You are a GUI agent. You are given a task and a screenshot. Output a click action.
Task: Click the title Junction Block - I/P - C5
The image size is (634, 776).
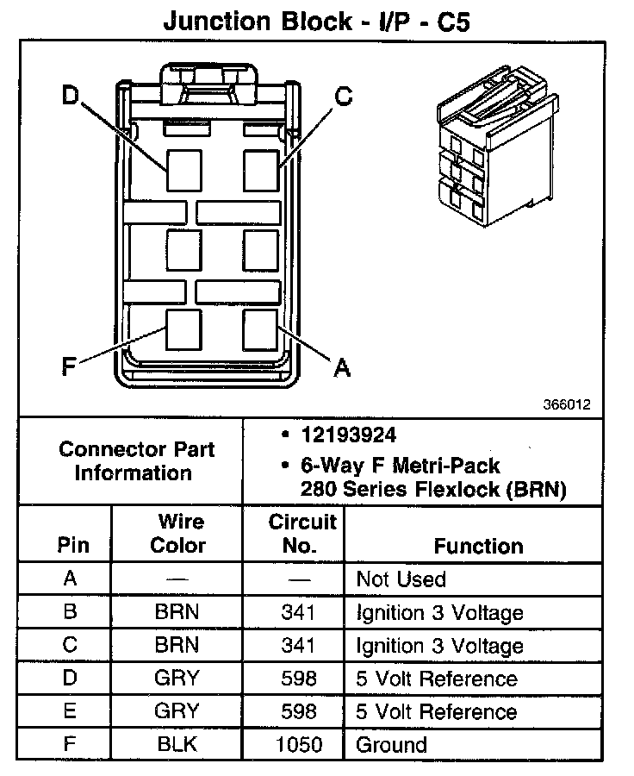316,22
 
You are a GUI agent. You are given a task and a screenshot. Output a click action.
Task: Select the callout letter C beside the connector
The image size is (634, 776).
343,97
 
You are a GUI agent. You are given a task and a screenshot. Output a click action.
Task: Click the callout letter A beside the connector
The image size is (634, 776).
342,368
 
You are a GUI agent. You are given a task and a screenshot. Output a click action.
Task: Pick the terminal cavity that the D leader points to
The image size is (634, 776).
183,169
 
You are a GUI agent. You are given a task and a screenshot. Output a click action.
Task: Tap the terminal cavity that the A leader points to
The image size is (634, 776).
260,329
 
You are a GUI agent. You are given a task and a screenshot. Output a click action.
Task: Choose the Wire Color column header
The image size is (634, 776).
178,534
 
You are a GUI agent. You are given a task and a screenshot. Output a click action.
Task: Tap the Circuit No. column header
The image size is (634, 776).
301,534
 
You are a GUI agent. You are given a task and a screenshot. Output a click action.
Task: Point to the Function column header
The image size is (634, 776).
478,546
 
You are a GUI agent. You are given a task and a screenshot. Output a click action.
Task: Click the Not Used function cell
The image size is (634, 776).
401,579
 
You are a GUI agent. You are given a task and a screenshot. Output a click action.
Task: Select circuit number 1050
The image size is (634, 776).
298,745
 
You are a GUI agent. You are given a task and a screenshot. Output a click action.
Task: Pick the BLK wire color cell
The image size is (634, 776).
177,745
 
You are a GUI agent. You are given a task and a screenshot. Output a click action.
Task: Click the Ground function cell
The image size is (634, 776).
391,745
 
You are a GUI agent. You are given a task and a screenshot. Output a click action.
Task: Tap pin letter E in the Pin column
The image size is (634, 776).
71,711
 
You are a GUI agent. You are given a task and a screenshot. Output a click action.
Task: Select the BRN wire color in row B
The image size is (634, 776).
177,613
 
